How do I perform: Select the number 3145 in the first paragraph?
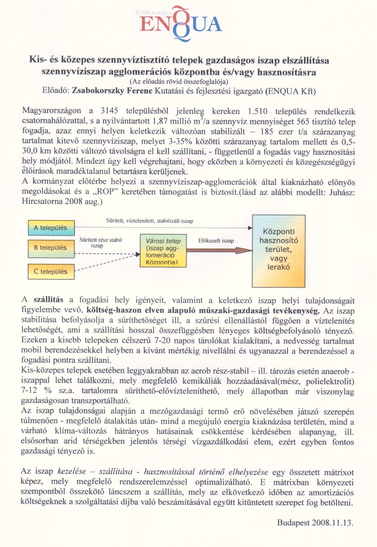(109, 111)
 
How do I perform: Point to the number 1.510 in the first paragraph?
(257, 111)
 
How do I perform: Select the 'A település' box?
(51, 228)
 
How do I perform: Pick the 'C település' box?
(51, 272)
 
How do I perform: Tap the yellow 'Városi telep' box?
(163, 251)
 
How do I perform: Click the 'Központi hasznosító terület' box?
(279, 251)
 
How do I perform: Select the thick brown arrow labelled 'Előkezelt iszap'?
(219, 250)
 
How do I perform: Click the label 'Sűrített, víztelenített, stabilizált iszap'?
(149, 221)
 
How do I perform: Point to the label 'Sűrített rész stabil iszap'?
(100, 243)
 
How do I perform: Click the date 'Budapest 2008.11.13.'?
(315, 522)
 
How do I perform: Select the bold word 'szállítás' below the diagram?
(48, 300)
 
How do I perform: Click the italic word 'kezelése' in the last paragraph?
(72, 472)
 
